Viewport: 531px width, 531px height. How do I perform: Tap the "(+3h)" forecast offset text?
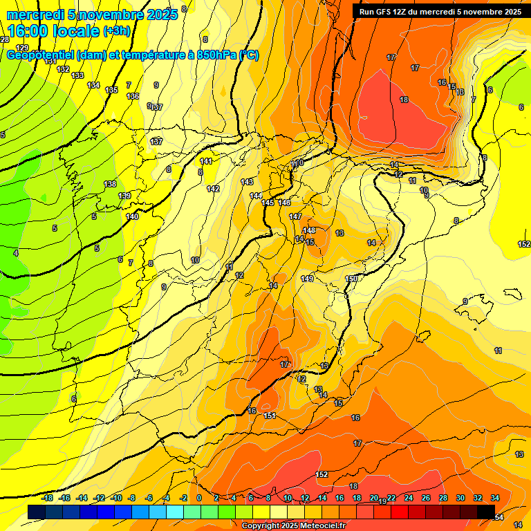pyautogui.click(x=116, y=30)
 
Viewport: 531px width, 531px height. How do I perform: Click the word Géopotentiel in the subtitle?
pyautogui.click(x=41, y=55)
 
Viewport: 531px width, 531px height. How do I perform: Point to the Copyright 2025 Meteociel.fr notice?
pyautogui.click(x=293, y=526)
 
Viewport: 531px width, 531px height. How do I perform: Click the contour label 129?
pyautogui.click(x=23, y=48)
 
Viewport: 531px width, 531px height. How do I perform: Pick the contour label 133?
pyautogui.click(x=77, y=75)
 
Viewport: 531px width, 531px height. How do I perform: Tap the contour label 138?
pyautogui.click(x=110, y=184)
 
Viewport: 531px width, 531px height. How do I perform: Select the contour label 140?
pyautogui.click(x=132, y=216)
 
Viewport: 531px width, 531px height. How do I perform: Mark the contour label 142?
pyautogui.click(x=213, y=189)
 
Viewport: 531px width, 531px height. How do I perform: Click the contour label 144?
pyautogui.click(x=256, y=196)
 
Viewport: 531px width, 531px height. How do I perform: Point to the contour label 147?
pyautogui.click(x=295, y=216)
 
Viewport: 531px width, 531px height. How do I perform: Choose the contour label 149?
pyautogui.click(x=307, y=279)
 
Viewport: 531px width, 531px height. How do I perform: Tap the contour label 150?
pyautogui.click(x=351, y=279)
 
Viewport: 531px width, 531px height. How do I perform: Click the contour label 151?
pyautogui.click(x=270, y=416)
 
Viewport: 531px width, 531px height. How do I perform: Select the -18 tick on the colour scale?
pyautogui.click(x=48, y=498)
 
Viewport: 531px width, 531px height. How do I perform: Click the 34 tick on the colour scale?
pyautogui.click(x=495, y=498)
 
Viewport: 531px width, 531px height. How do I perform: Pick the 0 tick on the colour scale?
pyautogui.click(x=199, y=498)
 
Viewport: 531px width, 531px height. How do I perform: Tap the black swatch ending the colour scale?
pyautogui.click(x=486, y=512)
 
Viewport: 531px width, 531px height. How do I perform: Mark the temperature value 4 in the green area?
pyautogui.click(x=16, y=253)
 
